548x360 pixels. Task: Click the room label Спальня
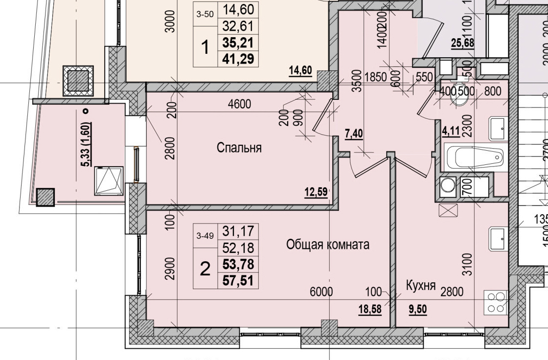point(239,148)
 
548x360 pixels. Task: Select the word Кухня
point(421,286)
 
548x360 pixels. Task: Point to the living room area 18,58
point(369,309)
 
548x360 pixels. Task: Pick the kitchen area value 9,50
point(417,309)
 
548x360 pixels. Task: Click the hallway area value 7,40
point(354,134)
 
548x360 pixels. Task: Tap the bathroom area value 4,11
point(451,131)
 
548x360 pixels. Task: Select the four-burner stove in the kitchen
point(496,302)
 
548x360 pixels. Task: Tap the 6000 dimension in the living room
point(321,292)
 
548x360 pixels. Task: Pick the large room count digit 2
point(205,268)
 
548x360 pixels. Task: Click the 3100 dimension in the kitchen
point(467,264)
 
